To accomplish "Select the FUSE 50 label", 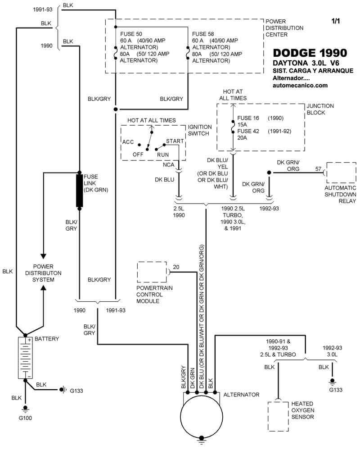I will click(130, 34).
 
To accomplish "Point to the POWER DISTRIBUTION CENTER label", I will click(284, 28).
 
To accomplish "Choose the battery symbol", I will click(24, 358).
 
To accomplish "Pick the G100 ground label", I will click(25, 418).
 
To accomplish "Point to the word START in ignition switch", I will click(175, 141).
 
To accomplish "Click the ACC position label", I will click(128, 142).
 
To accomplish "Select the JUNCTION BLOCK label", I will click(320, 109).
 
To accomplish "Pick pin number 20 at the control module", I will click(175, 267).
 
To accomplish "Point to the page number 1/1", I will click(335, 21).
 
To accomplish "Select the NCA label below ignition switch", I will click(169, 165).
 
